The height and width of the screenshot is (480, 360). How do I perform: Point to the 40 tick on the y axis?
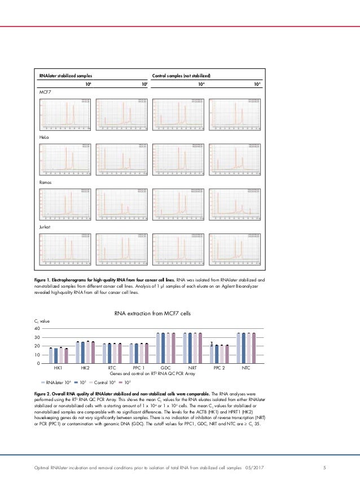tap(37, 328)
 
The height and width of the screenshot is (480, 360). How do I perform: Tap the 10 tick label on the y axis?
tap(37, 355)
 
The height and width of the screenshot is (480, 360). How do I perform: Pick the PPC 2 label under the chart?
tap(219, 368)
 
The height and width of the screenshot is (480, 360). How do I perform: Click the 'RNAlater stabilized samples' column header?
tap(65, 74)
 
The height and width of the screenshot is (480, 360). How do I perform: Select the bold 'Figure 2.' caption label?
tap(49, 391)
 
